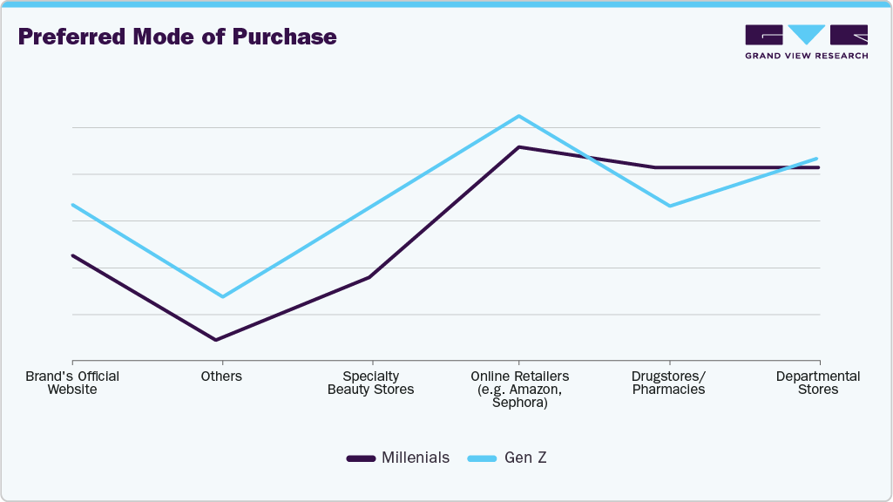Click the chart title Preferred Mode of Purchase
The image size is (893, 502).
tap(177, 37)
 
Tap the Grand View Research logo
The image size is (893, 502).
tap(806, 42)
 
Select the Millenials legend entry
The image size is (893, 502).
tap(398, 458)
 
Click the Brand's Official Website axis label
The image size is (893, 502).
tap(72, 383)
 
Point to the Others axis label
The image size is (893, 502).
tap(221, 376)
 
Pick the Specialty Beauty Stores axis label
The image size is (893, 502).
tap(370, 383)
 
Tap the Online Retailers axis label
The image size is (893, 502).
tap(519, 389)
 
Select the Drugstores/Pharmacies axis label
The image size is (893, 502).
tap(668, 383)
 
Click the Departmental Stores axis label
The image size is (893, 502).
tap(818, 383)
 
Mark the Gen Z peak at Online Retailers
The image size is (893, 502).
tap(519, 116)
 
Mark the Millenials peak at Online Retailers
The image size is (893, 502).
tap(519, 147)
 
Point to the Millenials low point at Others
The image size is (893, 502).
tap(216, 340)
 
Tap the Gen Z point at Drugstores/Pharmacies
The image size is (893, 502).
tap(669, 206)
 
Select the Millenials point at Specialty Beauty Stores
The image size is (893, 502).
tap(370, 277)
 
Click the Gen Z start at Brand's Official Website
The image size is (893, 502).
tap(72, 205)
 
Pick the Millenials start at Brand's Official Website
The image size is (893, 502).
tap(72, 255)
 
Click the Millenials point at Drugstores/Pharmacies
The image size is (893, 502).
tap(669, 167)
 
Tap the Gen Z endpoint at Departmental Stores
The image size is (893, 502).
tap(818, 159)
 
